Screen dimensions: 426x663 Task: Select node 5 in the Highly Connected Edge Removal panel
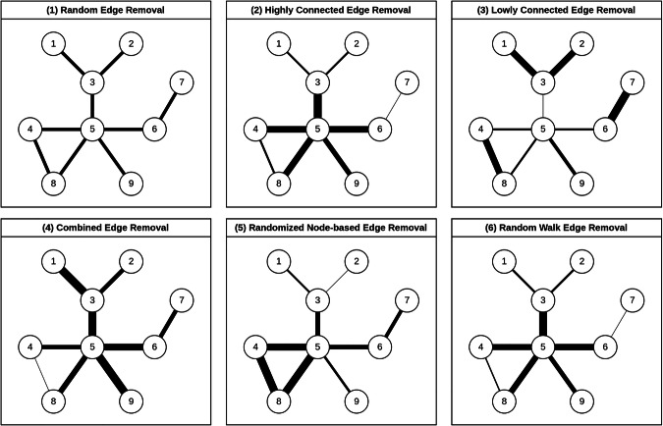pos(317,128)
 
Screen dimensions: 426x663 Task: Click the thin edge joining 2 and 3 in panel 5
pos(336,281)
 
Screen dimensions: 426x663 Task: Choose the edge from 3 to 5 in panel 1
pos(92,105)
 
